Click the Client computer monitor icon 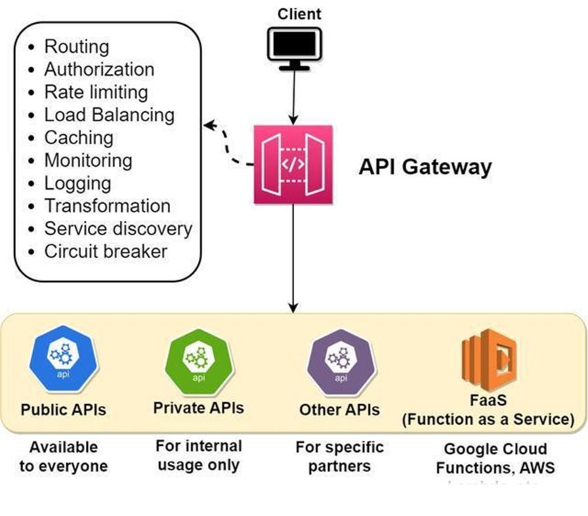[x=294, y=48]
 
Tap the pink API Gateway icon [x=293, y=164]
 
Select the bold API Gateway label [x=425, y=167]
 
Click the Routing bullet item [x=76, y=47]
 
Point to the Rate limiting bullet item [x=96, y=92]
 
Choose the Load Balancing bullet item [x=109, y=115]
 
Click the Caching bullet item [x=79, y=138]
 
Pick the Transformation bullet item [x=107, y=206]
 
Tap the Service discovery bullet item [x=118, y=229]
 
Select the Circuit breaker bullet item [x=106, y=251]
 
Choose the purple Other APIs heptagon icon [x=341, y=361]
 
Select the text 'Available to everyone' [x=63, y=456]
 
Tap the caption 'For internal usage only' [x=198, y=456]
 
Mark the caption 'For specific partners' [x=339, y=456]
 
